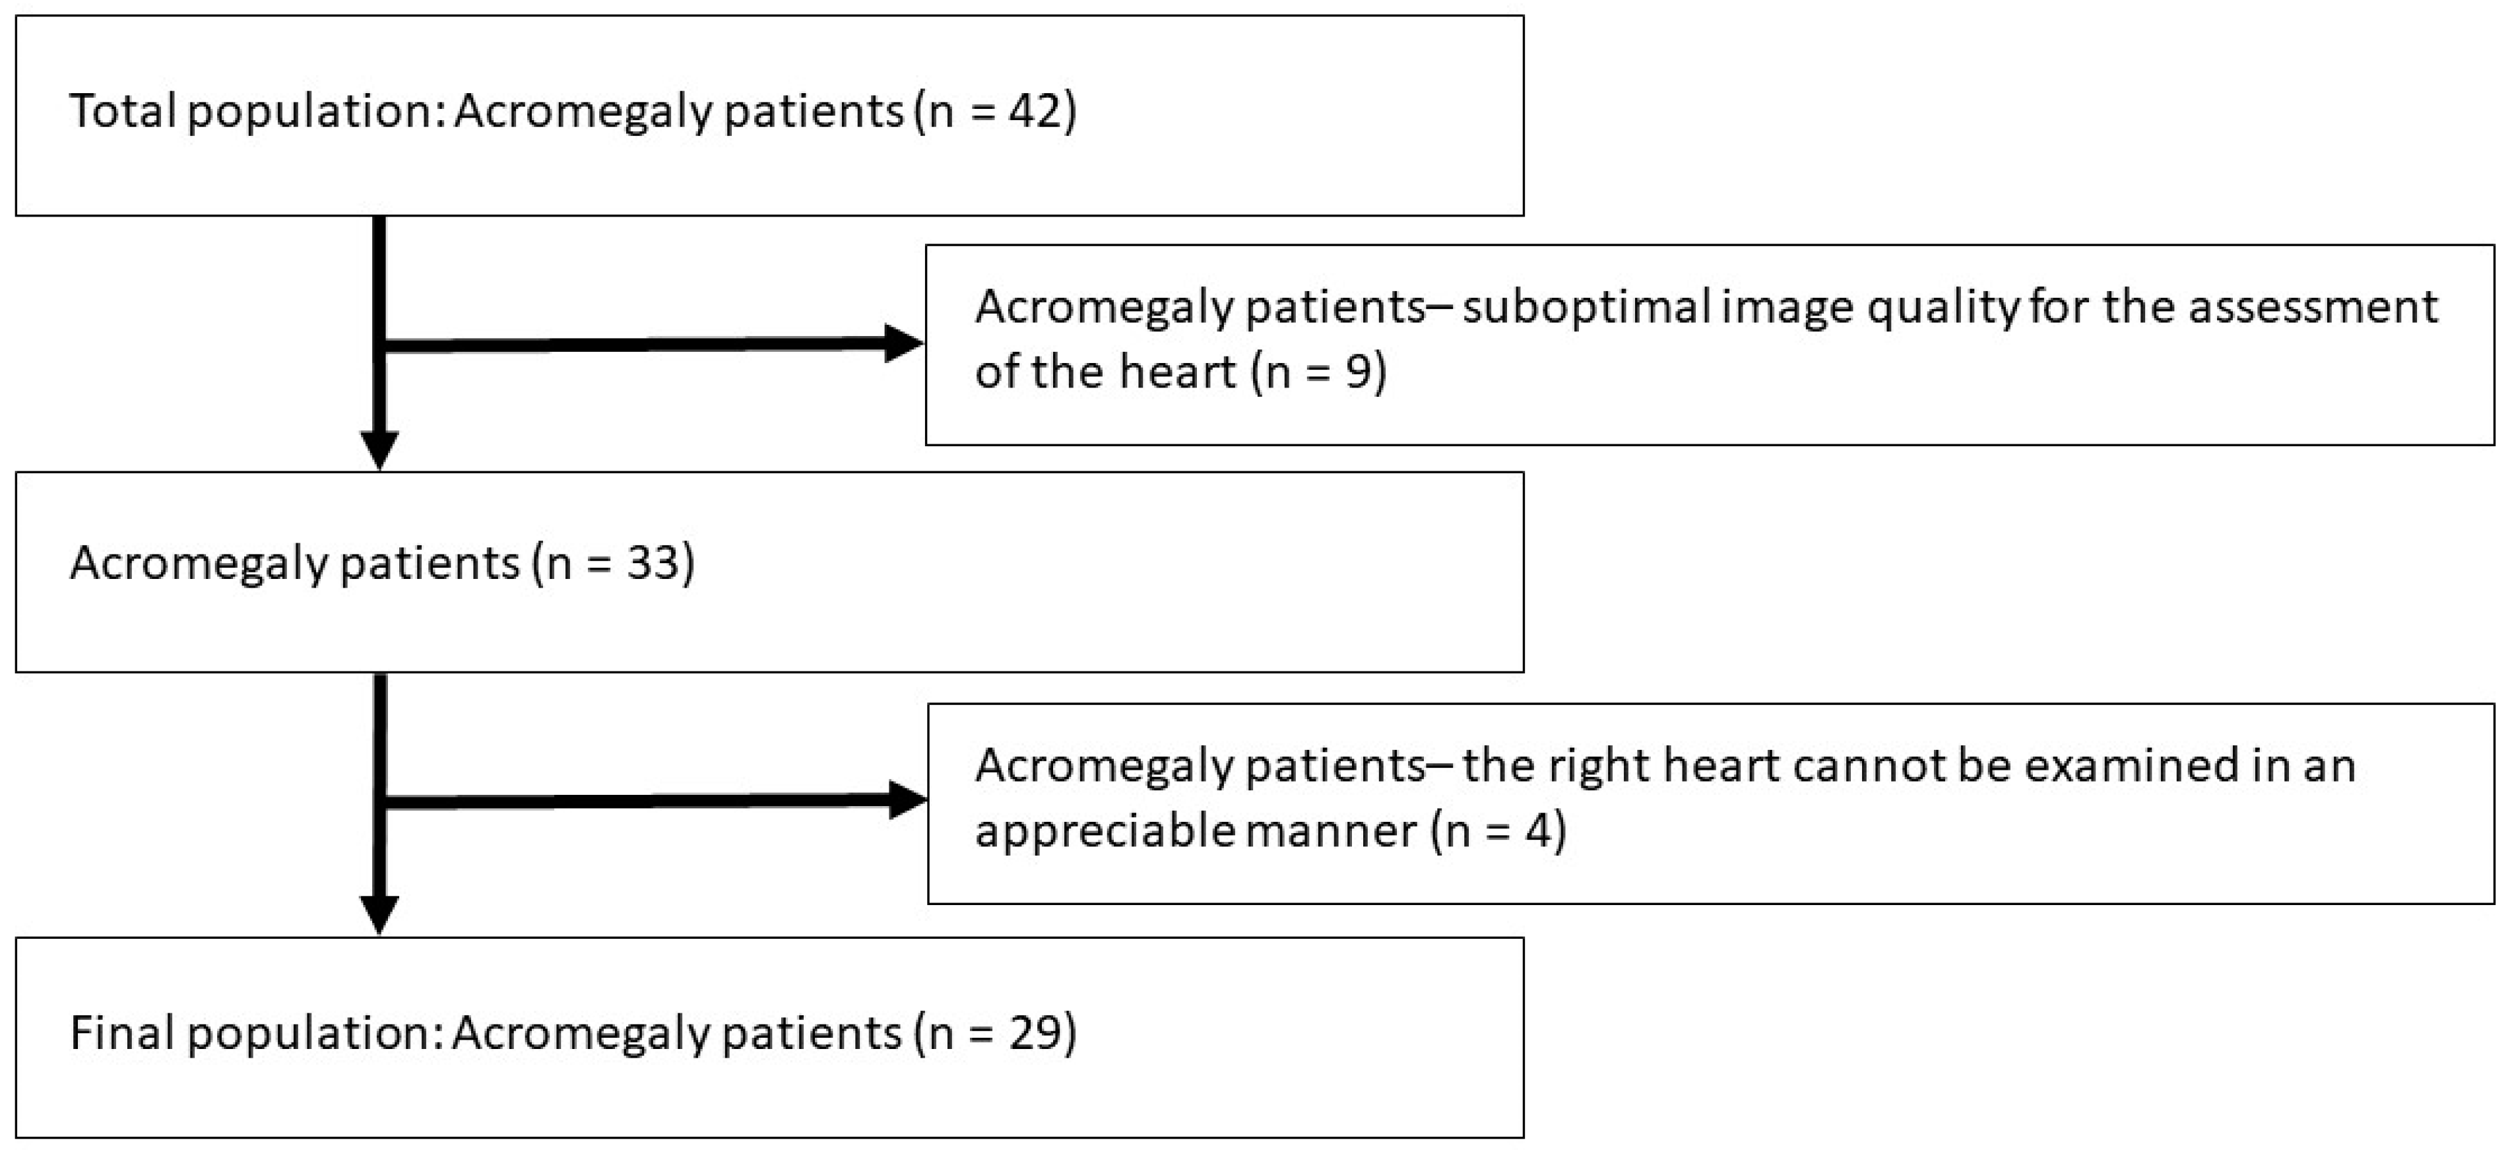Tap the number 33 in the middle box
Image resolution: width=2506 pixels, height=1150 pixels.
(652, 563)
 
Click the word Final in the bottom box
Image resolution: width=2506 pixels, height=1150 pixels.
(121, 1032)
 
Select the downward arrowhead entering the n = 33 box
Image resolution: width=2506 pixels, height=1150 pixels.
(379, 450)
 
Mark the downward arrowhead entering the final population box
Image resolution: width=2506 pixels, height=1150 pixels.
(379, 914)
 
